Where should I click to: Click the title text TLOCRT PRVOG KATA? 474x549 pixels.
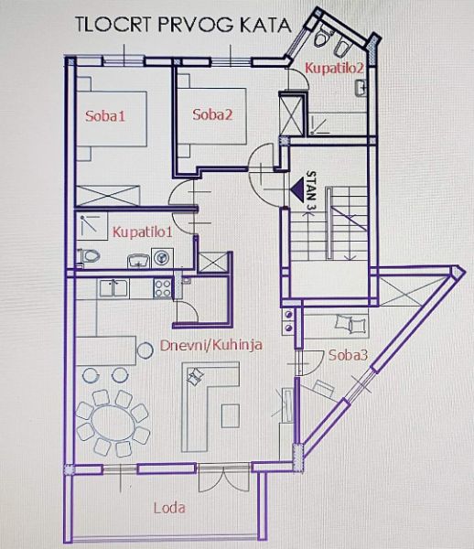[x=183, y=26]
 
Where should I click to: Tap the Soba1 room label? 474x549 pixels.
[x=105, y=116]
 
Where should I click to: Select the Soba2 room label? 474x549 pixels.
[x=212, y=115]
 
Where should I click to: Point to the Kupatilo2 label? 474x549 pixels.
[x=334, y=68]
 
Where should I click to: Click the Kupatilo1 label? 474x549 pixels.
[x=143, y=232]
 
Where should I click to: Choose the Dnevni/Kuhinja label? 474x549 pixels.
[x=211, y=345]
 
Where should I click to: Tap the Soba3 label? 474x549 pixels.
[x=349, y=356]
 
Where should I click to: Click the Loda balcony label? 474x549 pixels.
[x=169, y=508]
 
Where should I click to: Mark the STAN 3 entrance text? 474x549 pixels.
[x=310, y=190]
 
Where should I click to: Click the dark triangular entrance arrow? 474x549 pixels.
[x=296, y=189]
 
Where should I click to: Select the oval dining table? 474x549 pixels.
[x=113, y=424]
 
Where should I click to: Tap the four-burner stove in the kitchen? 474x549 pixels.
[x=163, y=288]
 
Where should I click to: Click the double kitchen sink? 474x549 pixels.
[x=113, y=288]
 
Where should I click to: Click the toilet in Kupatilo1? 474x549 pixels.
[x=88, y=256]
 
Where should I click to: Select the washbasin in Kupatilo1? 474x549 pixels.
[x=138, y=261]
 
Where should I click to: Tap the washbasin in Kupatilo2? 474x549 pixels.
[x=360, y=88]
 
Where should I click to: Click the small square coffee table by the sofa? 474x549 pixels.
[x=231, y=415]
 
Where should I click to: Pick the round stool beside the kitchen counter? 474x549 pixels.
[x=145, y=350]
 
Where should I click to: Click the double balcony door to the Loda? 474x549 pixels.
[x=223, y=479]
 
